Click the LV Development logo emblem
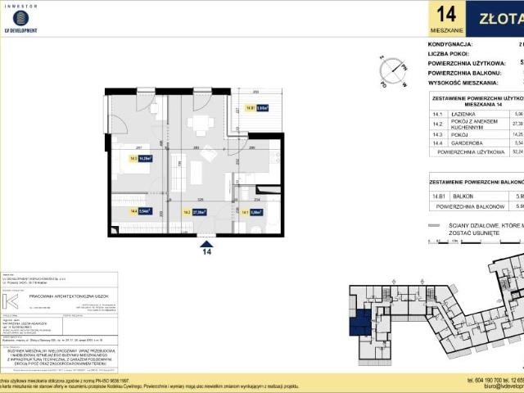[21, 18]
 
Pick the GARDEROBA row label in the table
[470, 142]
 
